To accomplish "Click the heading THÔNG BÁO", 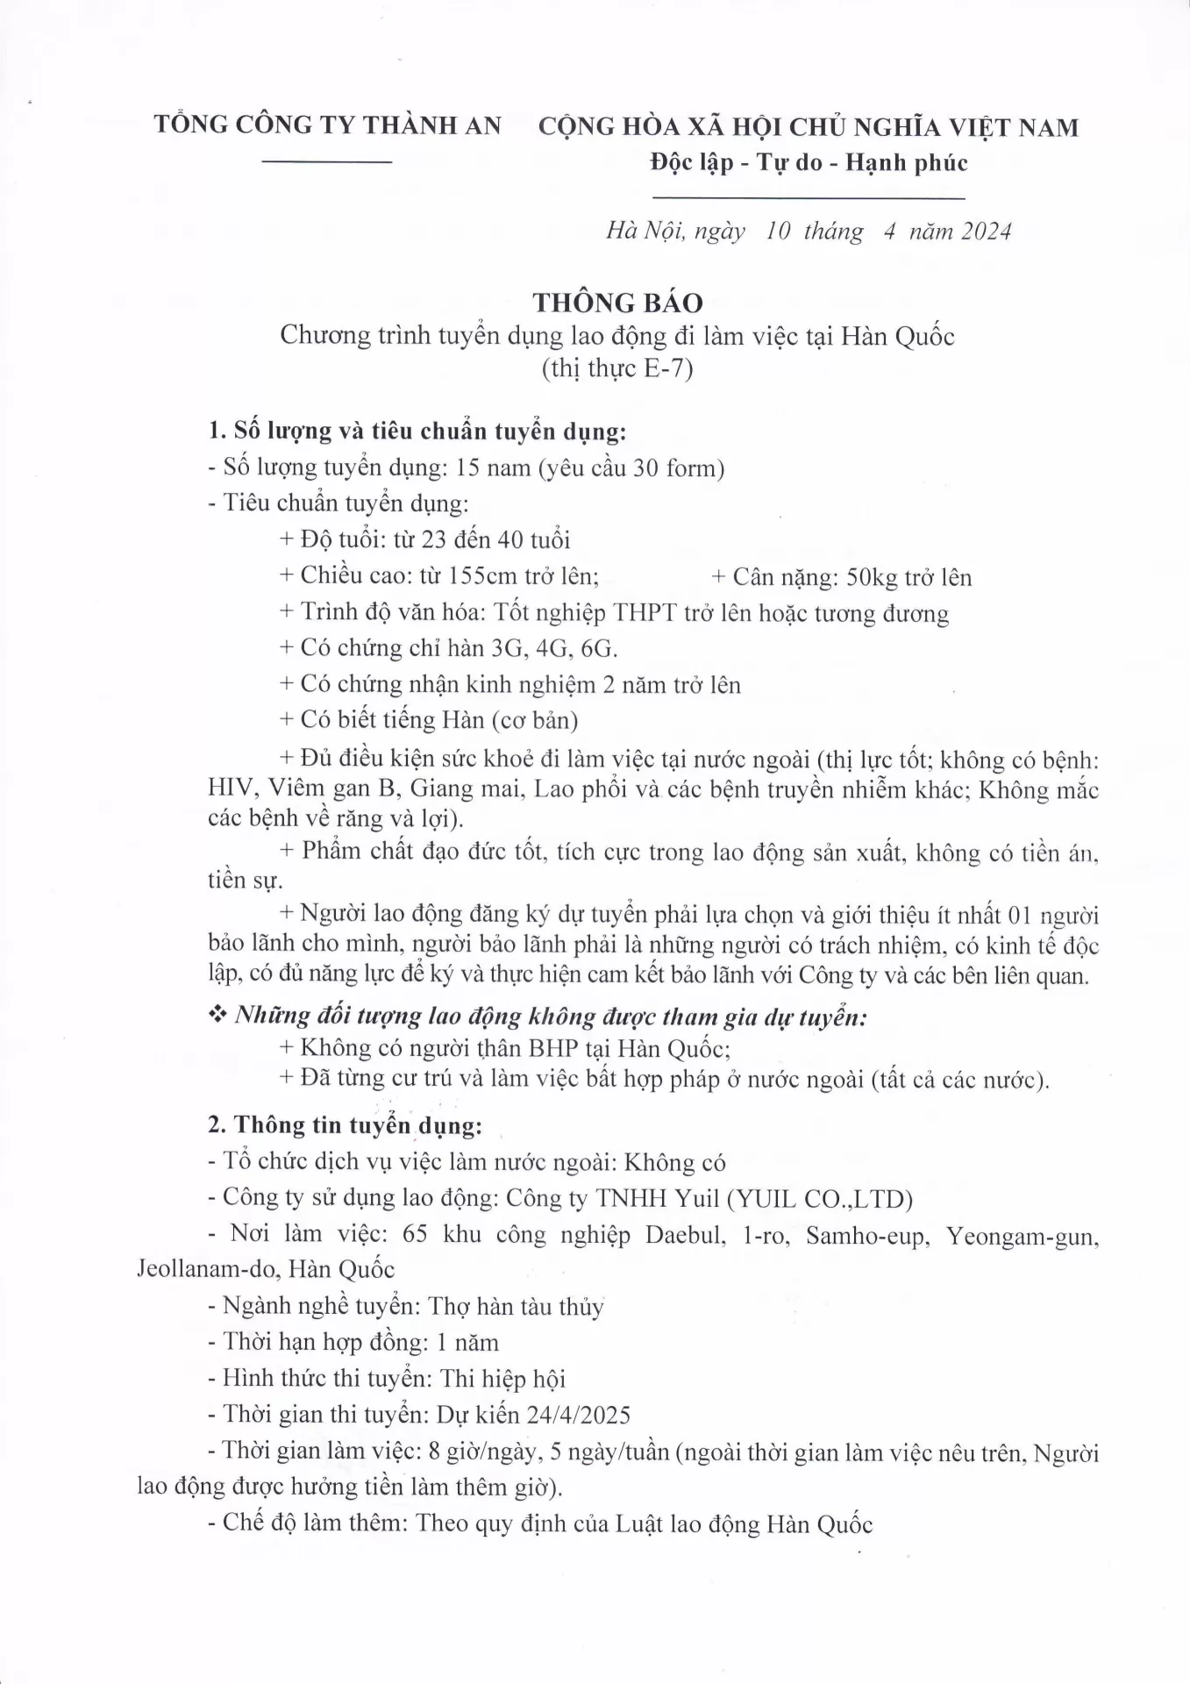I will [618, 303].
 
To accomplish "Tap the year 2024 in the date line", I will [987, 232].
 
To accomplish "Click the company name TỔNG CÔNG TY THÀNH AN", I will [328, 125].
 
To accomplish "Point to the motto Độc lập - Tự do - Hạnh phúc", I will [809, 163].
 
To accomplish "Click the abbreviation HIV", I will [229, 788].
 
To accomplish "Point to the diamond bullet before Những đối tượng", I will [216, 1016].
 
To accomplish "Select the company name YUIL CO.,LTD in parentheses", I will [820, 1198].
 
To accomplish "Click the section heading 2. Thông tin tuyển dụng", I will [345, 1125].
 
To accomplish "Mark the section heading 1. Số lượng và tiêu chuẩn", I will [417, 432].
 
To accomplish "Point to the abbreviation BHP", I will [549, 1048].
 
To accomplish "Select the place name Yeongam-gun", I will [1022, 1236].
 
